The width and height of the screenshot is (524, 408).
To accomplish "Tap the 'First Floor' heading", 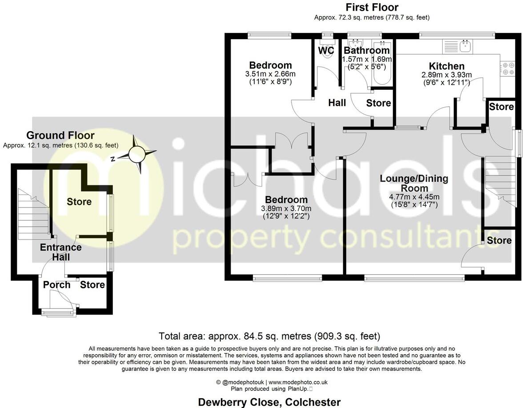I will coord(372,7).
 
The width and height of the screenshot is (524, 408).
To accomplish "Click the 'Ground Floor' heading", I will coord(60,135).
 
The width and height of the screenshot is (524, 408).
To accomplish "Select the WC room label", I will coord(326,50).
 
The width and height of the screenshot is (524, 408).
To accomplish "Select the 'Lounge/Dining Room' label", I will coord(414,184).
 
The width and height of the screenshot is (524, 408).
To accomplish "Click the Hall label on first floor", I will coord(337,103).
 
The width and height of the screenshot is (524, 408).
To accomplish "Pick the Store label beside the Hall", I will coord(378,103).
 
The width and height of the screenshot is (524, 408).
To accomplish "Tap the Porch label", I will coord(56,284).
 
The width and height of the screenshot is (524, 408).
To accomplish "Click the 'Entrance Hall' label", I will coord(61,252).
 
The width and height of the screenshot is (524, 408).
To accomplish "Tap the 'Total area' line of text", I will coord(269,336).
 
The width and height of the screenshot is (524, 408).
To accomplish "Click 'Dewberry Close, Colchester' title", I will coord(269,402).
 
